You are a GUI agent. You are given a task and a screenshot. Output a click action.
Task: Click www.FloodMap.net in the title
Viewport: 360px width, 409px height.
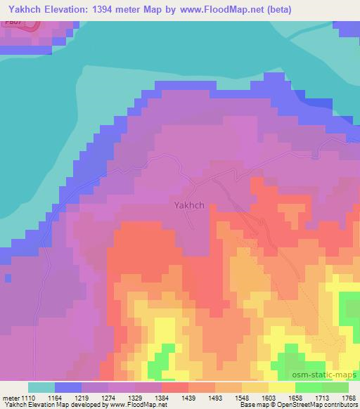(x=219, y=10)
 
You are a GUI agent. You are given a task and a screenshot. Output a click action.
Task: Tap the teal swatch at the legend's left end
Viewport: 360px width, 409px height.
(x=41, y=387)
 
